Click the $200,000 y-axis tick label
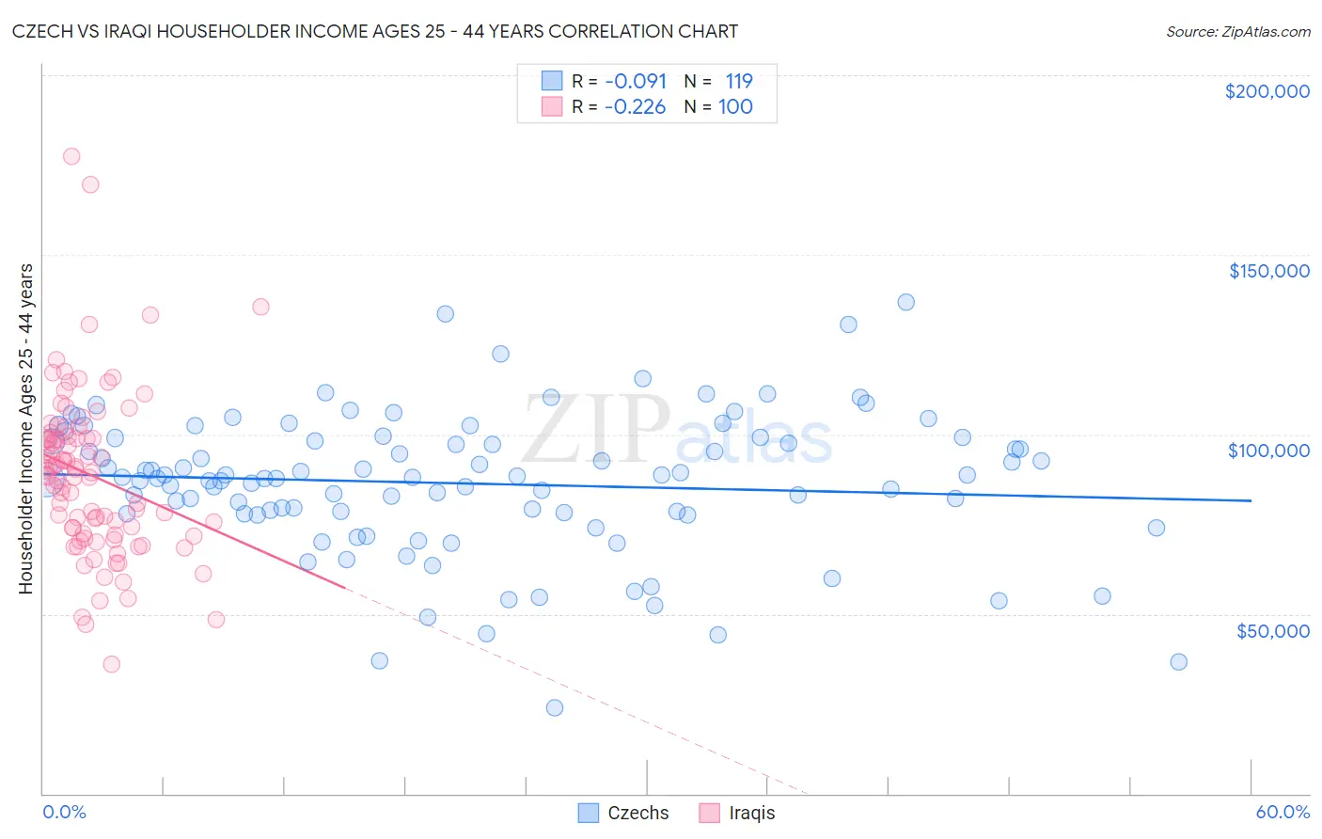click(1267, 91)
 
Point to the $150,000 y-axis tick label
click(1268, 271)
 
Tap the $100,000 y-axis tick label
click(1268, 451)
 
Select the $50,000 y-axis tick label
click(1272, 630)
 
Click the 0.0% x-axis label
click(64, 812)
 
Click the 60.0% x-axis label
click(1283, 812)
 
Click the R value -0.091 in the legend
click(636, 81)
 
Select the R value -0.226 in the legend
click(635, 106)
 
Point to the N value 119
click(739, 81)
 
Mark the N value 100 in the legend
click(735, 106)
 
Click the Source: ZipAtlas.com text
click(1237, 31)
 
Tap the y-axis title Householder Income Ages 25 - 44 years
click(25, 428)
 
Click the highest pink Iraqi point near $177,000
click(71, 156)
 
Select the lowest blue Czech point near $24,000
click(555, 707)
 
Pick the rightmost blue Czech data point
click(1178, 661)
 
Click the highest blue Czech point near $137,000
click(905, 302)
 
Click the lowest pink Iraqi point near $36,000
click(111, 664)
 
